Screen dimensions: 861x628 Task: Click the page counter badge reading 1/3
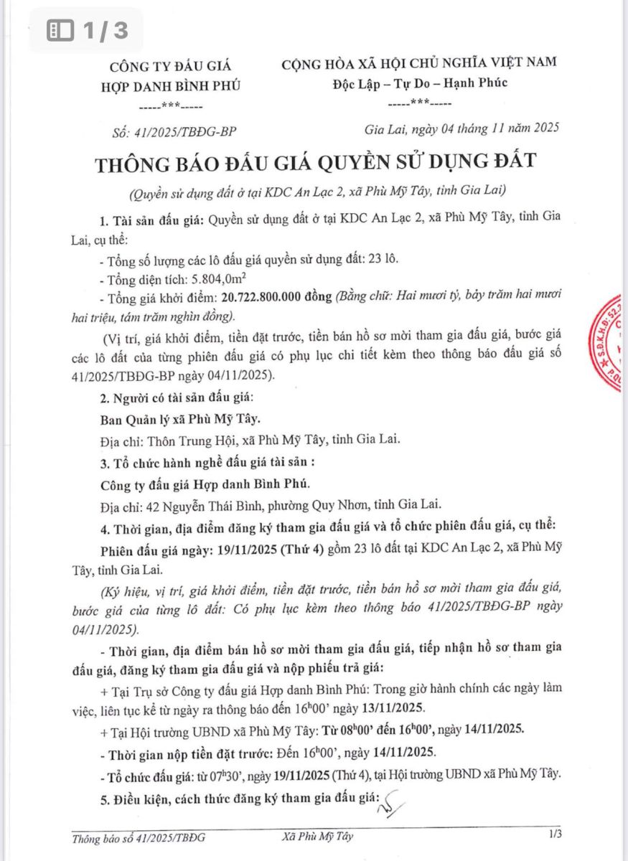tap(87, 30)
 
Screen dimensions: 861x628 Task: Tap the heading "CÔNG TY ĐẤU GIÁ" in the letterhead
tap(171, 67)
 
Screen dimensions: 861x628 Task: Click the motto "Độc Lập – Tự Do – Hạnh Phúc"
tap(420, 83)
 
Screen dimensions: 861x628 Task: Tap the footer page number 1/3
tap(554, 834)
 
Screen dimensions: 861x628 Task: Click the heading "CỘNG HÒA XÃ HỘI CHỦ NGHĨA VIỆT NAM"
tap(419, 62)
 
